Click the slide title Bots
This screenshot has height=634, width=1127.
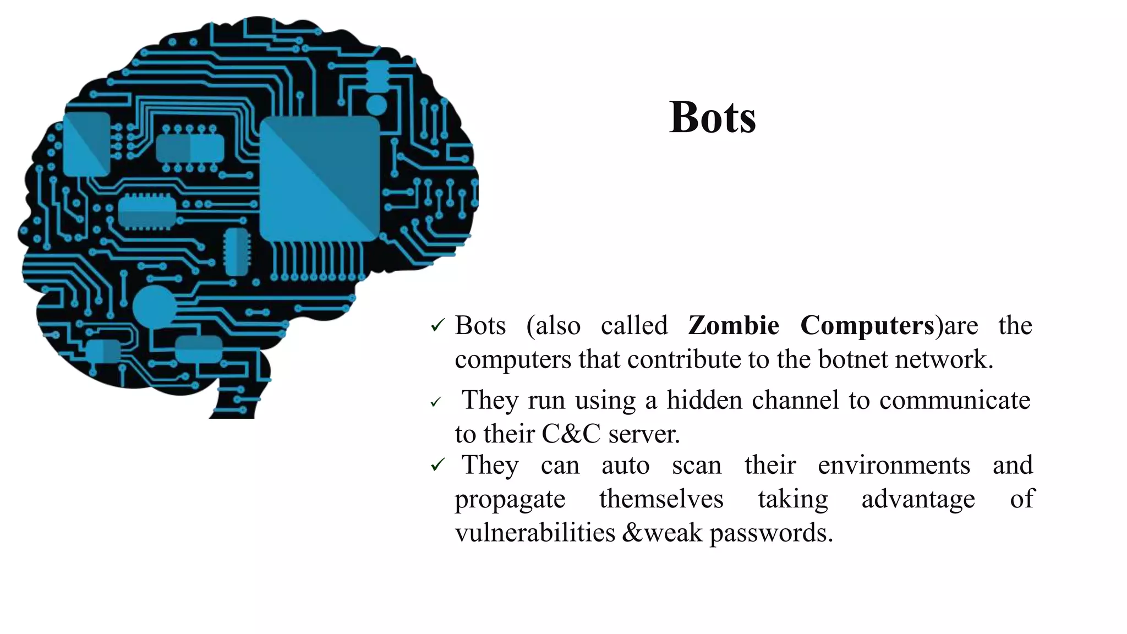pyautogui.click(x=713, y=117)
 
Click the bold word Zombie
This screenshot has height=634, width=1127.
pyautogui.click(x=734, y=325)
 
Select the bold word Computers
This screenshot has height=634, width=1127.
pyautogui.click(x=867, y=325)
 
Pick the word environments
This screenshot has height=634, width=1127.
pyautogui.click(x=894, y=466)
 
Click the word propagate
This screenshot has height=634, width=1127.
pyautogui.click(x=510, y=500)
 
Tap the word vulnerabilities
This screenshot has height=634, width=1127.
pyautogui.click(x=535, y=533)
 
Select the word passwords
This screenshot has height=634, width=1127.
pyautogui.click(x=771, y=533)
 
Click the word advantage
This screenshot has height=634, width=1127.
pyautogui.click(x=918, y=499)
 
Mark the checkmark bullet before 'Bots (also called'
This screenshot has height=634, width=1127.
pyautogui.click(x=437, y=326)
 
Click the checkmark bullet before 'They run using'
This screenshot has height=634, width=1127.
pyautogui.click(x=436, y=402)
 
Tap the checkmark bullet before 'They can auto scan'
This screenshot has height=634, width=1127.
pyautogui.click(x=437, y=466)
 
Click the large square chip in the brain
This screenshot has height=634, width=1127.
pyautogui.click(x=320, y=178)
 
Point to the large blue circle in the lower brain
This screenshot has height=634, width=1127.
pyautogui.click(x=154, y=306)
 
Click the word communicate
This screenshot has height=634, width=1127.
pyautogui.click(x=955, y=400)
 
